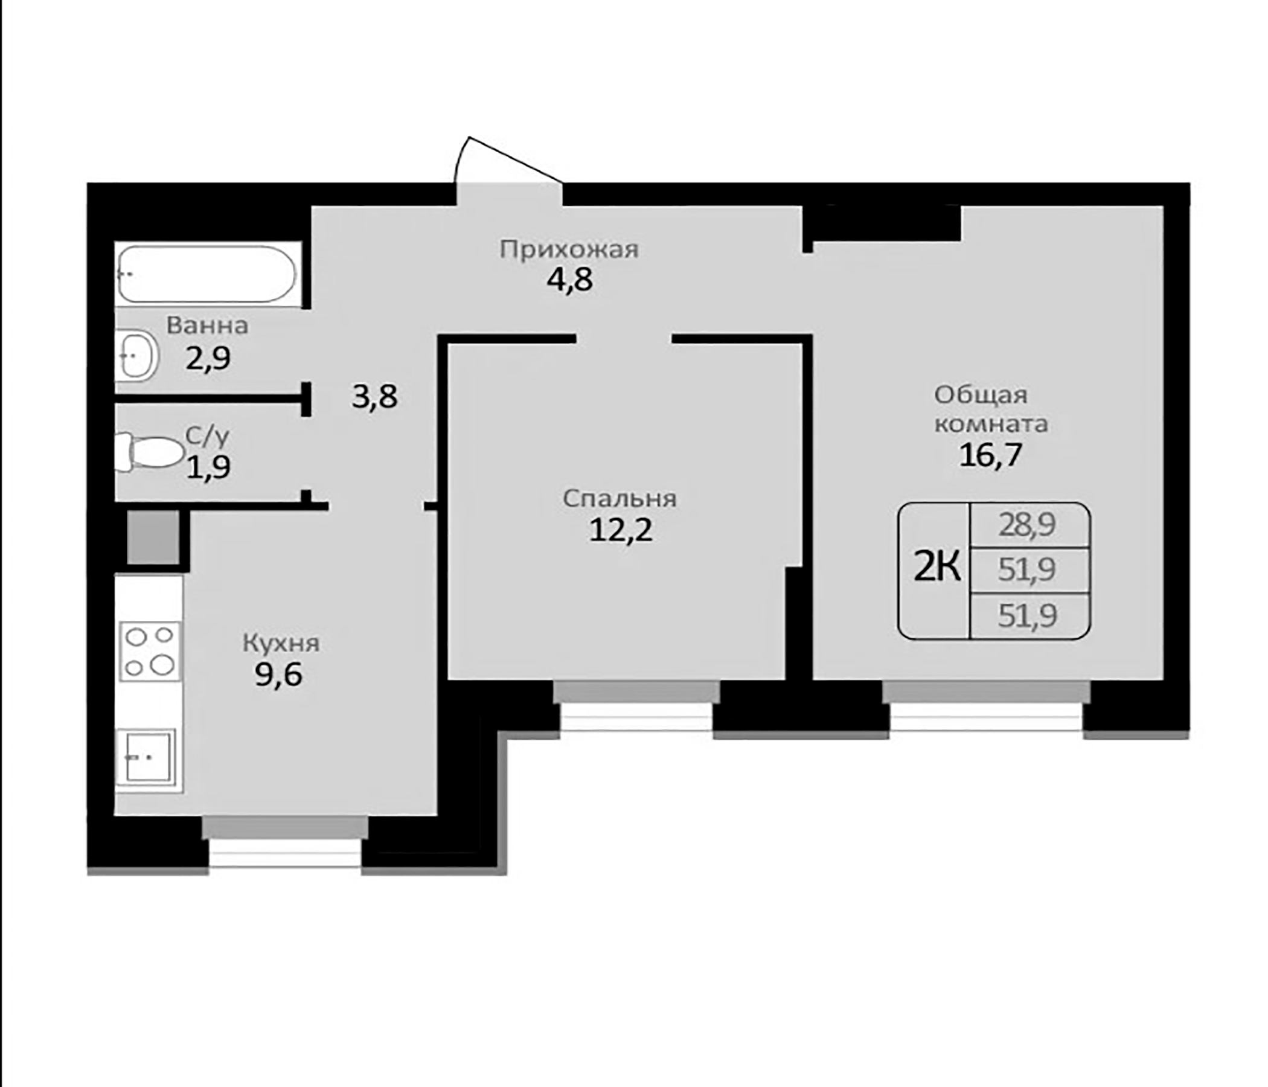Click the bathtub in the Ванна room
[x=207, y=274]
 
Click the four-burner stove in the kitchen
[x=150, y=650]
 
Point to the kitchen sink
[x=147, y=757]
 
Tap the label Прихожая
[x=569, y=250]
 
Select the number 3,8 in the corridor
[x=374, y=397]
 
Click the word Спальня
[x=620, y=499]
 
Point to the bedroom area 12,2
[x=621, y=530]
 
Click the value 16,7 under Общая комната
[x=990, y=455]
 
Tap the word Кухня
[x=281, y=643]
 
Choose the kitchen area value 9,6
[x=279, y=675]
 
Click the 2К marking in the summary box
[x=937, y=568]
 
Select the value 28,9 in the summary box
[x=1028, y=525]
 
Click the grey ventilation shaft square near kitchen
[x=153, y=537]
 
